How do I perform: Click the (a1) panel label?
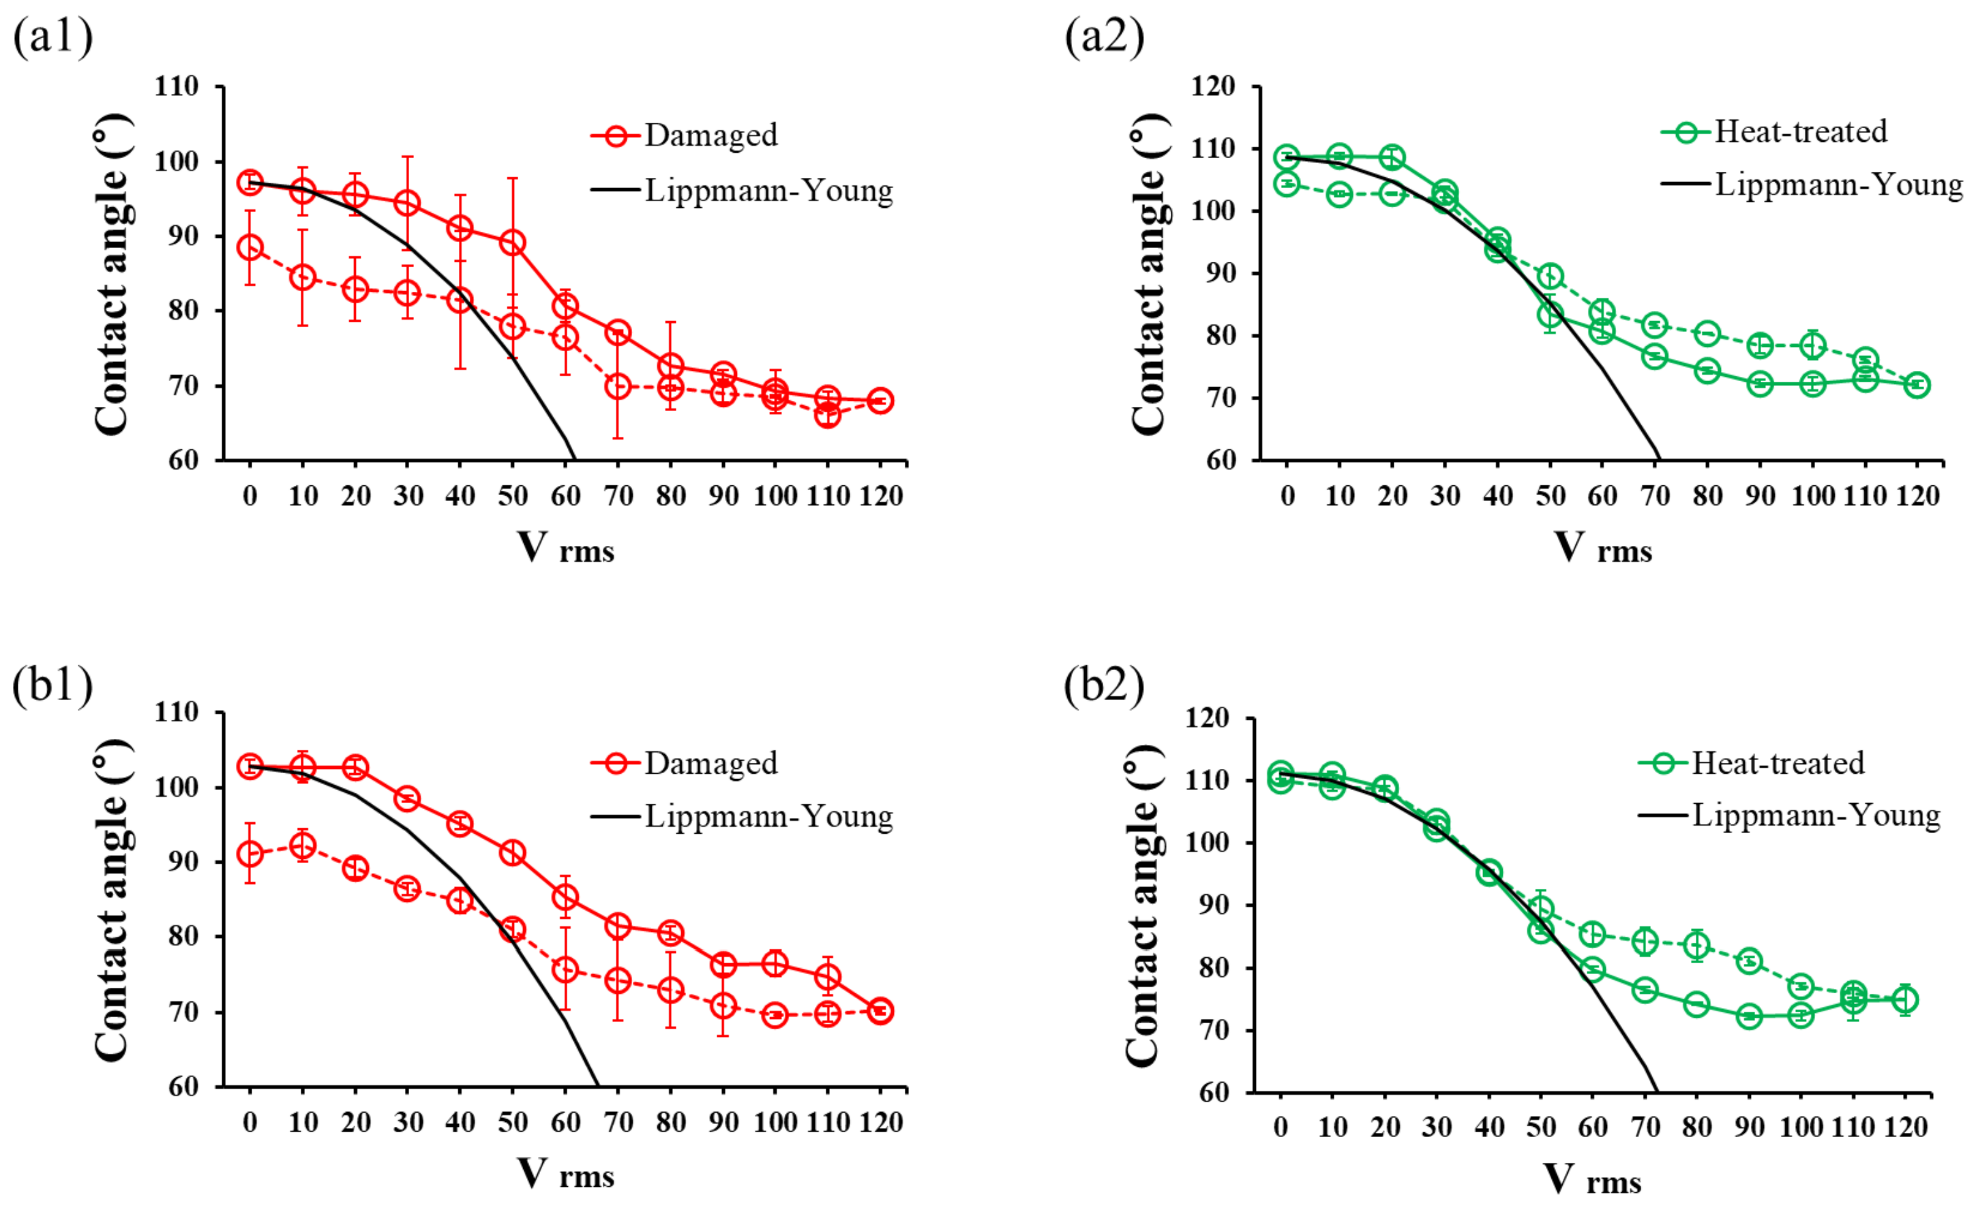pyautogui.click(x=53, y=37)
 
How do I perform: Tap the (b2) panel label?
pyautogui.click(x=1105, y=686)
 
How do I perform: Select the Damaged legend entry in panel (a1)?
pyautogui.click(x=684, y=135)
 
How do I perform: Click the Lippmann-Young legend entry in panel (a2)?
pyautogui.click(x=1812, y=185)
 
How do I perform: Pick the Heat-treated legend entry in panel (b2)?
pyautogui.click(x=1752, y=763)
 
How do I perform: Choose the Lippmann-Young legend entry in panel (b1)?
pyautogui.click(x=742, y=816)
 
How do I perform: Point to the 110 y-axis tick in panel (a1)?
pyautogui.click(x=177, y=86)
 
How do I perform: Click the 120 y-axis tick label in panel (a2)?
pyautogui.click(x=1213, y=86)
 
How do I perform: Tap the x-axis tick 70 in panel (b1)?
pyautogui.click(x=618, y=1122)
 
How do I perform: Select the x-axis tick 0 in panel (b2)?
pyautogui.click(x=1280, y=1127)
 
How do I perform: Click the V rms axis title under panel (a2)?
pyautogui.click(x=1603, y=549)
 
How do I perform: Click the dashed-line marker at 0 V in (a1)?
pyautogui.click(x=250, y=247)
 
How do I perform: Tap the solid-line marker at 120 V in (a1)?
pyautogui.click(x=880, y=401)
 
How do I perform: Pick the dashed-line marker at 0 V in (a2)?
pyautogui.click(x=1287, y=183)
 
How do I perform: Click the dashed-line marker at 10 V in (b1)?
pyautogui.click(x=302, y=845)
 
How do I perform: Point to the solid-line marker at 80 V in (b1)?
pyautogui.click(x=670, y=933)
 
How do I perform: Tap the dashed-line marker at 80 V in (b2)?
pyautogui.click(x=1697, y=946)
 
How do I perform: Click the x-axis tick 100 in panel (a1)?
pyautogui.click(x=775, y=496)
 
